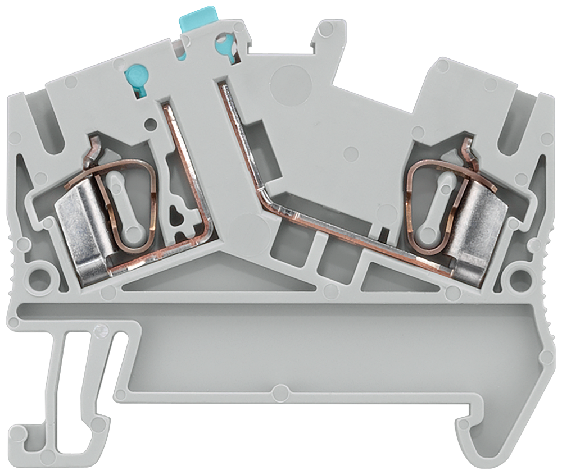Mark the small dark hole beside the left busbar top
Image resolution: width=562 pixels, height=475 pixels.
click(149, 121)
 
